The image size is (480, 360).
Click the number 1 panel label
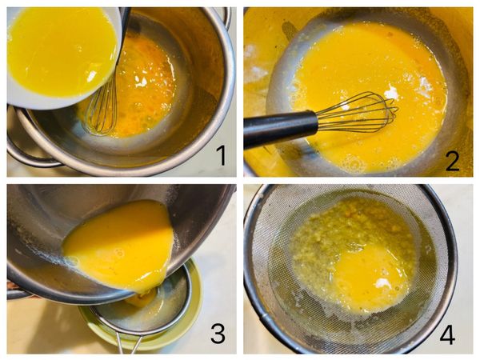pyautogui.click(x=221, y=155)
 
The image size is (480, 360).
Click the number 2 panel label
pyautogui.click(x=453, y=161)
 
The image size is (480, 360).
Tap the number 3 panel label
pyautogui.click(x=218, y=334)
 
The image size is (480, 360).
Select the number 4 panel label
pyautogui.click(x=447, y=334)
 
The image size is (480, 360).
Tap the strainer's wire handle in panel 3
pyautogui.click(x=129, y=343)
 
